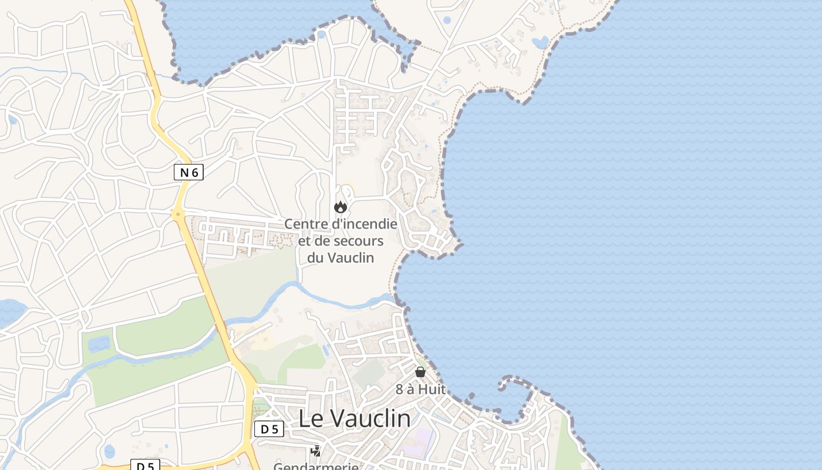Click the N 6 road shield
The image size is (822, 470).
(188, 172)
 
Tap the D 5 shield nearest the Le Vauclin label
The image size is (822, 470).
(269, 429)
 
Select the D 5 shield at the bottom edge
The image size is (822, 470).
(144, 466)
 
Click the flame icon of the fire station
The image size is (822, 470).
(340, 207)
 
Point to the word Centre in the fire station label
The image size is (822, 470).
(305, 224)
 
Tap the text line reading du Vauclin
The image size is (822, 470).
(341, 257)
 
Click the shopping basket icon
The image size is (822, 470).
(420, 371)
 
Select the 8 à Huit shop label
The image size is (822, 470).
(420, 389)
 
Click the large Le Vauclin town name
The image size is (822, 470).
(355, 418)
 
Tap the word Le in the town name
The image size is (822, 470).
(311, 418)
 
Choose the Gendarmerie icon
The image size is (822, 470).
(316, 451)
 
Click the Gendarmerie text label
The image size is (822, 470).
(316, 466)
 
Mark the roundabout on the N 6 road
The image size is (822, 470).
(178, 214)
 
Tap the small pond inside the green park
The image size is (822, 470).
(99, 343)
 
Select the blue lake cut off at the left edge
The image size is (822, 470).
(11, 312)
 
